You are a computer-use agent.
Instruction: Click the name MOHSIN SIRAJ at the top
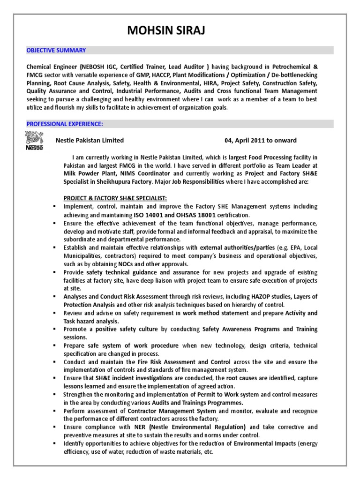tap(167, 31)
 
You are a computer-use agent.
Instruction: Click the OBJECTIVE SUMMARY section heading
tap(56, 50)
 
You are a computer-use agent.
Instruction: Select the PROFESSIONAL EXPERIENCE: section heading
tap(65, 124)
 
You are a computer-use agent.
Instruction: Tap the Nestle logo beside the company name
tap(34, 141)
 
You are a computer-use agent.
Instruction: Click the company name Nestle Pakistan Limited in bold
tap(90, 140)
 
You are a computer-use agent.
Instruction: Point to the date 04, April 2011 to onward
tap(261, 140)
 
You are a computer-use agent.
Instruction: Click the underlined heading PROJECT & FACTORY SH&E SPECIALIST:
tap(115, 198)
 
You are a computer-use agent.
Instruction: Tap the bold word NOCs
tap(125, 264)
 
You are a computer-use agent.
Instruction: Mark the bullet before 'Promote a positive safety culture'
tap(55, 330)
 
